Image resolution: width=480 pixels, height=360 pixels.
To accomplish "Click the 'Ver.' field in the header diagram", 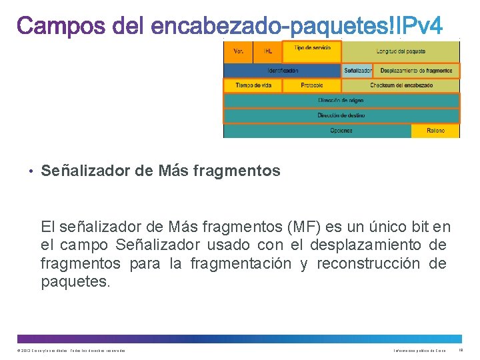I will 238,51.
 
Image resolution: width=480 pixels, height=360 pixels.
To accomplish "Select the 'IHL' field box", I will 268,51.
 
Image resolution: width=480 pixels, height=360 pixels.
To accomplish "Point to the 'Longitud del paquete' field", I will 401,51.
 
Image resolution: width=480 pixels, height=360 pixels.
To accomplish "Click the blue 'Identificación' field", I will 283,70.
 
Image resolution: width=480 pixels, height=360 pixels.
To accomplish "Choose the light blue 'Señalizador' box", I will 358,70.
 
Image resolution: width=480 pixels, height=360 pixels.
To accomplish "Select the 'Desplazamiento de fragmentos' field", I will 417,70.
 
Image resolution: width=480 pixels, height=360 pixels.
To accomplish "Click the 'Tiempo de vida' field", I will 253,85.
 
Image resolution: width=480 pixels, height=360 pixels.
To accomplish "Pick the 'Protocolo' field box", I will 311,85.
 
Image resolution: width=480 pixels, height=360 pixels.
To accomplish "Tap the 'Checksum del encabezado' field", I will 401,85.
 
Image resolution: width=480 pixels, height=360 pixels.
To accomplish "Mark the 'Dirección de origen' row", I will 341,101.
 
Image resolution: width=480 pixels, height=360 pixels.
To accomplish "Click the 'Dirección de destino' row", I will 341,115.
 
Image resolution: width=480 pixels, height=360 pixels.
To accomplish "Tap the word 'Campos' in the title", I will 61,27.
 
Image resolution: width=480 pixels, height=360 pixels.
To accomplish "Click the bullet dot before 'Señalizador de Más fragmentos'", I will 31,171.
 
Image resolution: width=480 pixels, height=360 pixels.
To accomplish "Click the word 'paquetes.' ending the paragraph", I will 75,282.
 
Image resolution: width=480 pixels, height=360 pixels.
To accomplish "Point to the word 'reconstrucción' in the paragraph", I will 368,264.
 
